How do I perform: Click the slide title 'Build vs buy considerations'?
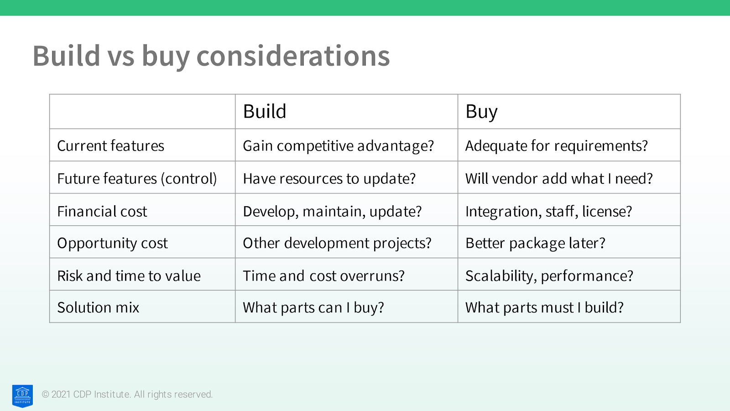pos(211,56)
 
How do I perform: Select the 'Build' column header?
pos(264,111)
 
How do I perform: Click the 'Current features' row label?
pos(110,146)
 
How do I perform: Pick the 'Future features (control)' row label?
pos(137,179)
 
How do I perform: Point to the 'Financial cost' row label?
pos(102,211)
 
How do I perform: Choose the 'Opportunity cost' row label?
pos(112,243)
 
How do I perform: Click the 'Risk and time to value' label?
pos(129,276)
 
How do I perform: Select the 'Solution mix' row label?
pos(98,307)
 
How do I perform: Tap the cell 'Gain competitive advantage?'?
pos(338,146)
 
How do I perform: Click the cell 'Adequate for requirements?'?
pos(556,146)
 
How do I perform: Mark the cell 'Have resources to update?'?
pos(329,179)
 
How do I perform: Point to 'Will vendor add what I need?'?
pos(559,179)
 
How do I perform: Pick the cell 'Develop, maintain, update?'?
pos(332,211)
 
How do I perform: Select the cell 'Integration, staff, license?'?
pos(548,211)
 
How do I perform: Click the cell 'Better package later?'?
pos(535,243)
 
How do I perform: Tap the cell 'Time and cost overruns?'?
pos(323,276)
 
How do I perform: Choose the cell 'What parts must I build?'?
pos(544,307)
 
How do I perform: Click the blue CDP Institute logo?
pos(22,396)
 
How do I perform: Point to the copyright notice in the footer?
pos(127,395)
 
